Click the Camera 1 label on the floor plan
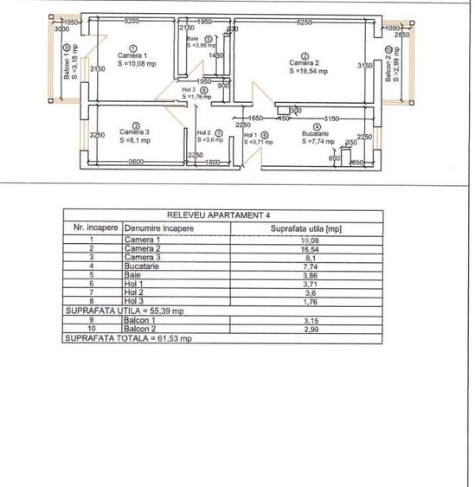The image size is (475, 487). (132, 56)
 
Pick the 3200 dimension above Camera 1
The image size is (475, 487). (132, 21)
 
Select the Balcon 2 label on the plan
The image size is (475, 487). (388, 63)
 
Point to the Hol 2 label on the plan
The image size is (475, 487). (204, 132)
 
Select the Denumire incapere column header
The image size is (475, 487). (158, 228)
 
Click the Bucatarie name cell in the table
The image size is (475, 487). (142, 266)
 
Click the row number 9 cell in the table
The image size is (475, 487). (91, 319)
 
